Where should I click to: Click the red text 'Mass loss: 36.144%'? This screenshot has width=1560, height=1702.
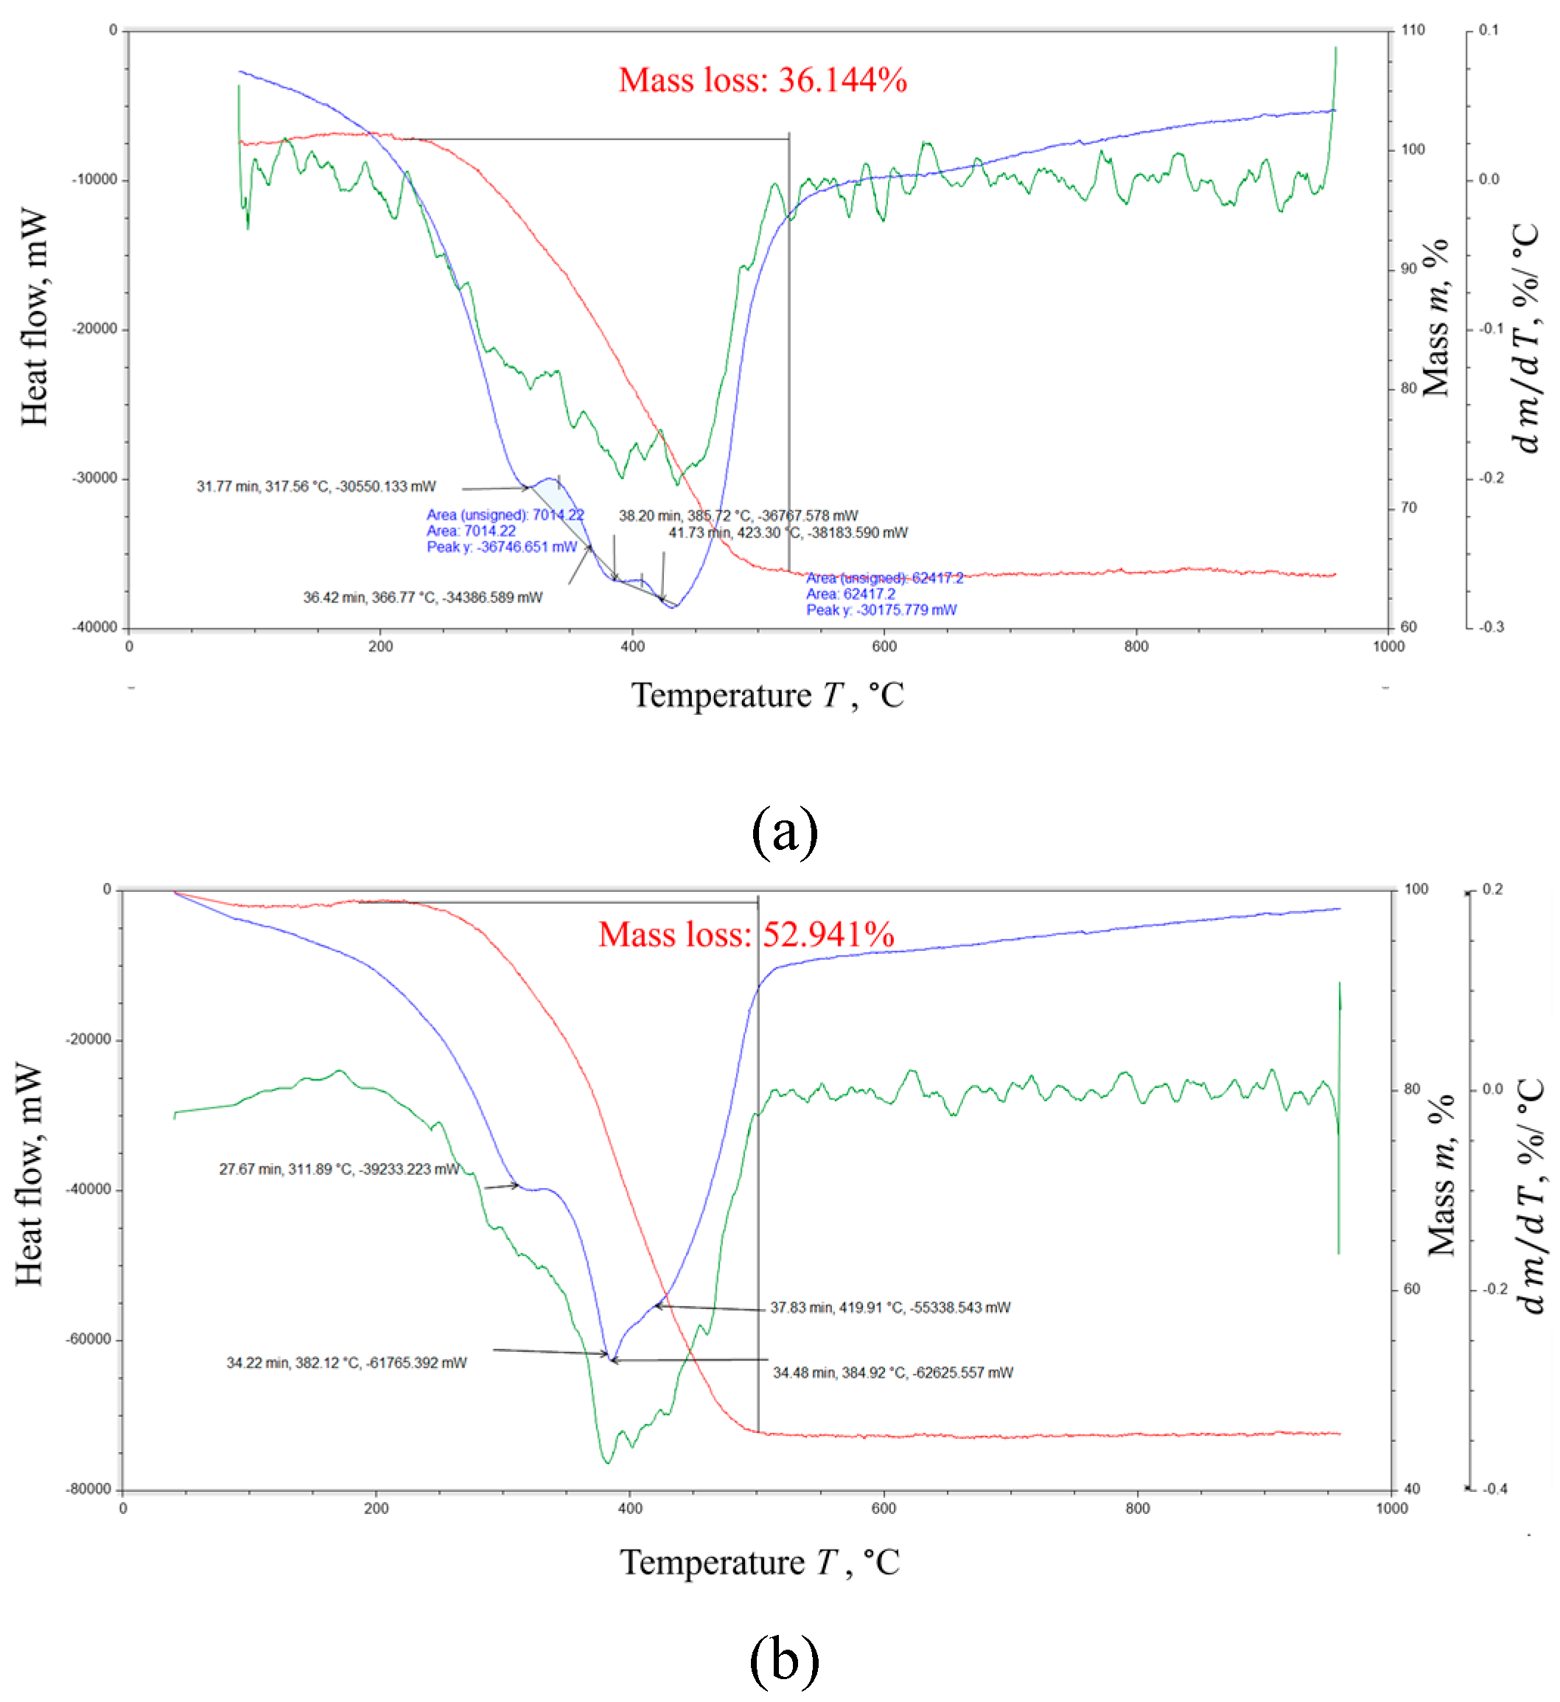point(762,81)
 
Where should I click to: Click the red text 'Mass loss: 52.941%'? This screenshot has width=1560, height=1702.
point(746,935)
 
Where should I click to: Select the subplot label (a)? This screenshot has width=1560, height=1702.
point(784,832)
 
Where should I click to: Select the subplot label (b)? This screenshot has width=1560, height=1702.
point(784,1660)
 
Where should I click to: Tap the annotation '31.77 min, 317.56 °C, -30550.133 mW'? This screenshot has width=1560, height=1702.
point(317,487)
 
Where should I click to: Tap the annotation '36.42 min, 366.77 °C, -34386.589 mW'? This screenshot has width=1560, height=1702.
point(423,598)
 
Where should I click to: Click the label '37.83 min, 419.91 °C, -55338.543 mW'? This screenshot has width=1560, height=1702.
point(889,1308)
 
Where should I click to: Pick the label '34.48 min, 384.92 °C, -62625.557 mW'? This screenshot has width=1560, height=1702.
point(893,1373)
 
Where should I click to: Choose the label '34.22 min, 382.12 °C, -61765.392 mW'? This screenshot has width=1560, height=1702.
point(346,1363)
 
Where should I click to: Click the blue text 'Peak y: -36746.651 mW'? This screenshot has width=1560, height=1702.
point(501,547)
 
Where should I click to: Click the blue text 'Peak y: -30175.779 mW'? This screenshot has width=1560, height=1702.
point(881,610)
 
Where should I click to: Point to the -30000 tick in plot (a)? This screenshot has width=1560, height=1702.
point(94,478)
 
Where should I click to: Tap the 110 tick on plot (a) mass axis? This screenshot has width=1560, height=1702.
point(1413,30)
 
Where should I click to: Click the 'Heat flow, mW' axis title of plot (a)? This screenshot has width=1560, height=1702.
point(34,318)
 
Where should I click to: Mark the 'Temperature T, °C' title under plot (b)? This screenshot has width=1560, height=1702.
point(760,1563)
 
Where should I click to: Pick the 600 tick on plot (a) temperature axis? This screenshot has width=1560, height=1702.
point(884,646)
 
